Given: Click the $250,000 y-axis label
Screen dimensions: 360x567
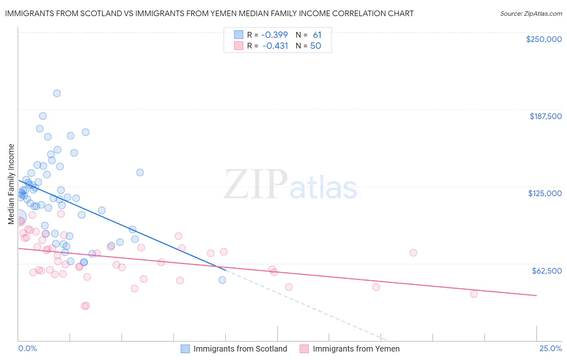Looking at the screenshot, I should click(544, 39).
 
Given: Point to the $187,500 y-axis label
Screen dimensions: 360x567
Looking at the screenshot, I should click(546, 116).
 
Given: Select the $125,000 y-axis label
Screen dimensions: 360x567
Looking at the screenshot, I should click(545, 193).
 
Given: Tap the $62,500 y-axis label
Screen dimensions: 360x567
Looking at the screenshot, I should click(547, 270).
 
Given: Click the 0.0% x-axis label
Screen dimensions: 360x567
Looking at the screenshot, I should click(27, 348).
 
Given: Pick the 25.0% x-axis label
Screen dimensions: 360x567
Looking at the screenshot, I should click(550, 348).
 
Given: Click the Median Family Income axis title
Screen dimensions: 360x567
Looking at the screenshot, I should click(11, 184).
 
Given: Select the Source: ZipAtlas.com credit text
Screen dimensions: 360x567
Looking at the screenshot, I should click(531, 13).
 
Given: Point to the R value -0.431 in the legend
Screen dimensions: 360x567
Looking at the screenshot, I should click(275, 46).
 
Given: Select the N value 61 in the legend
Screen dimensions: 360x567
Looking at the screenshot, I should click(317, 35).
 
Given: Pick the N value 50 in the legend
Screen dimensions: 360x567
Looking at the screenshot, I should click(315, 46).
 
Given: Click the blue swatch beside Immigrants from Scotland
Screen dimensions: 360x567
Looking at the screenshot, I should click(185, 349).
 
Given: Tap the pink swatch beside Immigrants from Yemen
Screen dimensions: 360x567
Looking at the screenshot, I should click(304, 349).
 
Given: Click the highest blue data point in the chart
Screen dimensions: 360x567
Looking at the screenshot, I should click(57, 93).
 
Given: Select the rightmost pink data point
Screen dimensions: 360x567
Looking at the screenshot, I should click(474, 294).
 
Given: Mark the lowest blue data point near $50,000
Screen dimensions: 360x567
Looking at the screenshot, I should click(222, 280).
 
